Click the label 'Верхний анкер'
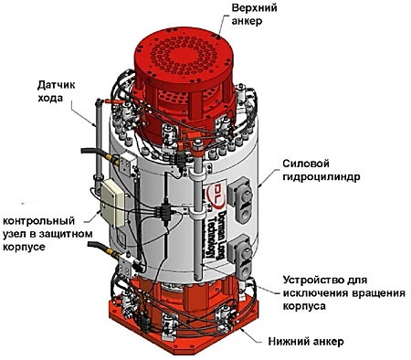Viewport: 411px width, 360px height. [254, 15]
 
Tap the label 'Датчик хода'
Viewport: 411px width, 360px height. [56, 91]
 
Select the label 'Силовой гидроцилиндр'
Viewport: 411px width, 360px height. [321, 170]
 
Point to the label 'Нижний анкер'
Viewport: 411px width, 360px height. [306, 342]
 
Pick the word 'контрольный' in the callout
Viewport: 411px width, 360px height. [38, 220]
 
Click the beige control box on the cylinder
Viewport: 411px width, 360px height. [113, 203]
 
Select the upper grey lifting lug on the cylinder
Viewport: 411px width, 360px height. [240, 199]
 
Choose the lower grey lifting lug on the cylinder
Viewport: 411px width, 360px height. [239, 257]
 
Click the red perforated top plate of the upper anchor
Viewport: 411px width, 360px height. [184, 56]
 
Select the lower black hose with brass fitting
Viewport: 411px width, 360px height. [103, 249]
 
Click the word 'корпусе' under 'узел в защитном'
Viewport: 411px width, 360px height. [24, 247]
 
